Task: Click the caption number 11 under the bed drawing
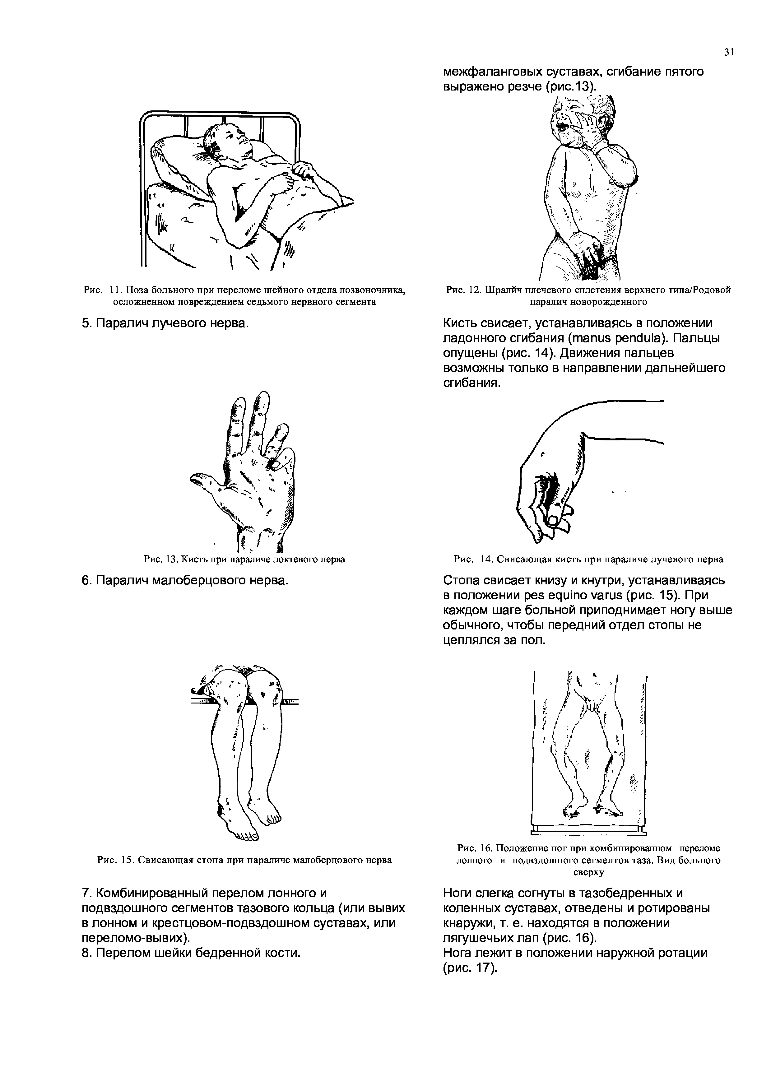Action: click(116, 290)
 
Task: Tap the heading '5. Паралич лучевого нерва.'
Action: click(165, 323)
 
